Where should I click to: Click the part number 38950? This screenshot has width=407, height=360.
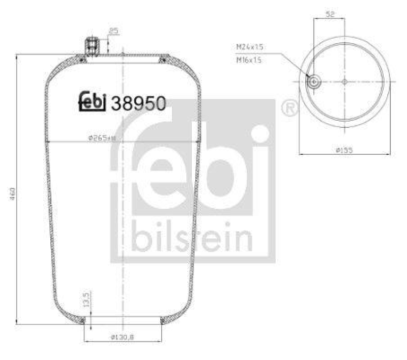(139, 103)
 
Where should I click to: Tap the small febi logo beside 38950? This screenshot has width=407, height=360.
(92, 101)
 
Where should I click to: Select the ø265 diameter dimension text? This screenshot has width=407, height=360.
(102, 138)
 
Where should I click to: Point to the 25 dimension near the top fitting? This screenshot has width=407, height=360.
(113, 32)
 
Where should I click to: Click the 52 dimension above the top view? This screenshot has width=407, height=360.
(329, 15)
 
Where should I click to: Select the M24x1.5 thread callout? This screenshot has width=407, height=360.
(249, 46)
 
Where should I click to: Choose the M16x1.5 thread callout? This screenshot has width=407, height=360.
(249, 59)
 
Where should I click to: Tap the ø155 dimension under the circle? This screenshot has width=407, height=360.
(345, 149)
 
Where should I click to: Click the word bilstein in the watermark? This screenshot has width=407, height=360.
(193, 236)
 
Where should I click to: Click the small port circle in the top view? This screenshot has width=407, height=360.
(314, 81)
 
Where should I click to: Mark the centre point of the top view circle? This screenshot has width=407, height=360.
(344, 81)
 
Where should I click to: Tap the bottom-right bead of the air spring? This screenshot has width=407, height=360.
(163, 320)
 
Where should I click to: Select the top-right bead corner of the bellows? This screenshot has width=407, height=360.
(162, 61)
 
